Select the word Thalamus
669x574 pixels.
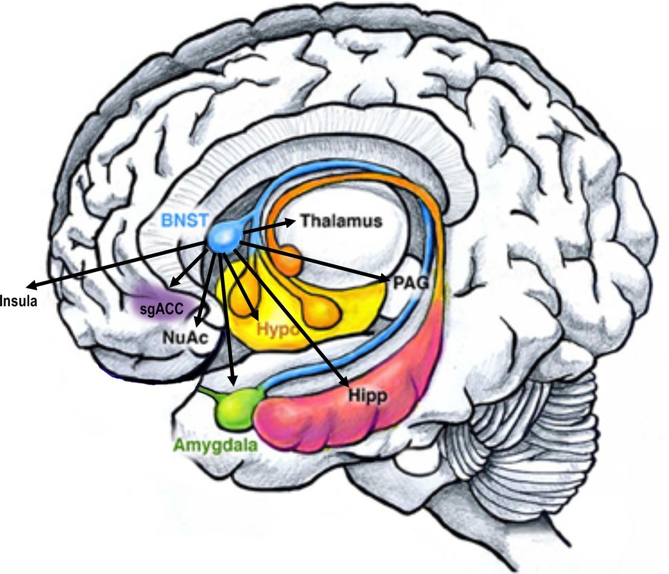pos(341,221)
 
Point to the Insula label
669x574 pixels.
pos(19,301)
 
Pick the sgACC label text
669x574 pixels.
pos(162,309)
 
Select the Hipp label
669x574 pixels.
pos(368,396)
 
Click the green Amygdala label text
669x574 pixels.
pos(215,445)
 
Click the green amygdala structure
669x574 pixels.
pos(236,405)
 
